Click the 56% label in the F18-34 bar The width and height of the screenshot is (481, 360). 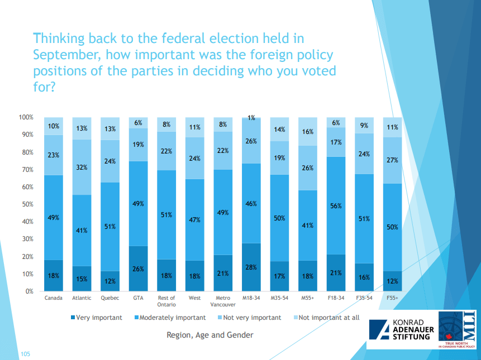336,205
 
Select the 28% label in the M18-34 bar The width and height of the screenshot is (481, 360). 251,267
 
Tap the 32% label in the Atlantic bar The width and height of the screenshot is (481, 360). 82,166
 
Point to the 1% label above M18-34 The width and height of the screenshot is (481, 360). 251,118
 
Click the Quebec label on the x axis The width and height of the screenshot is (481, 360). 109,298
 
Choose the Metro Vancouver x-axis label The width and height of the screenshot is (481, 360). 223,301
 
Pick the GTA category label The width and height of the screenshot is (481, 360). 138,298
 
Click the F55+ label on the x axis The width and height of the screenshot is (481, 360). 392,298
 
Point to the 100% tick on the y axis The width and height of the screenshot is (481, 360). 27,117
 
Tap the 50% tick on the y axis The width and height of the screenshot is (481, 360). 28,204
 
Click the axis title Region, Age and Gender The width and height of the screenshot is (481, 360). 209,335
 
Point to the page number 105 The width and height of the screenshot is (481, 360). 25,354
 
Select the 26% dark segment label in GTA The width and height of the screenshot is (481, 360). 138,269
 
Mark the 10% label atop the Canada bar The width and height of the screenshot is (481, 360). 53,126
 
